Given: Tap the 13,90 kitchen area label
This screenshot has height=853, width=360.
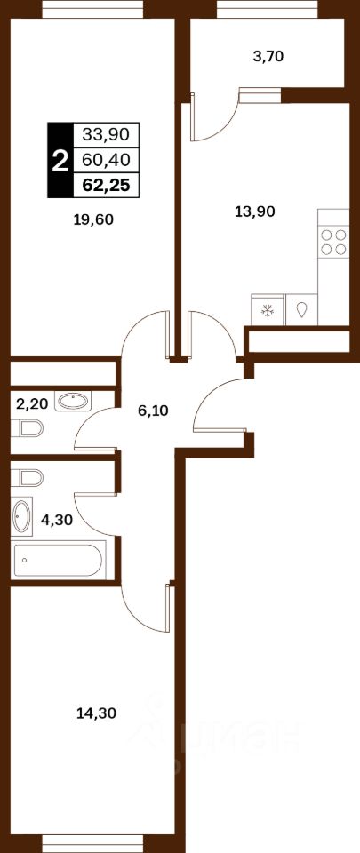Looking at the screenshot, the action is point(254,211).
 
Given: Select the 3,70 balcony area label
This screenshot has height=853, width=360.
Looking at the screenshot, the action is point(269,56).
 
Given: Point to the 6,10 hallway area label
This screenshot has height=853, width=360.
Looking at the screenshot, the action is point(153,411).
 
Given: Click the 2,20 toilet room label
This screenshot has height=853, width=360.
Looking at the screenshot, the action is point(32,403).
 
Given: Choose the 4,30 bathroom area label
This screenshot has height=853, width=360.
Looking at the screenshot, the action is point(57,520).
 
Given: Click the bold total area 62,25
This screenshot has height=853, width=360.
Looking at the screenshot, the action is point(106,186).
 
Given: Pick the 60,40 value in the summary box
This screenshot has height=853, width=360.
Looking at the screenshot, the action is point(106,160).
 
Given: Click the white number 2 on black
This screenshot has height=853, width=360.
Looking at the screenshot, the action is point(60,161).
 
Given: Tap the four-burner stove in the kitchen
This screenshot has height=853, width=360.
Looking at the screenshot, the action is point(333,242).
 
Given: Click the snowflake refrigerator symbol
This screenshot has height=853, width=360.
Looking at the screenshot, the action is point(267,311).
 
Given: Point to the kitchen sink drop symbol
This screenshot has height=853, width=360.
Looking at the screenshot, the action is point(302,310).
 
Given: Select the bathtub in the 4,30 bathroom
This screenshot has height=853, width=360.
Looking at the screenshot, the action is point(58,561).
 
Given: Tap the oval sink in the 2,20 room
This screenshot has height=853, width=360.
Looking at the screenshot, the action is point(73,402).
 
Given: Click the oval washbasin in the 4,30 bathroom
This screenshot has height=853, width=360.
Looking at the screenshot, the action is point(21,515).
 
